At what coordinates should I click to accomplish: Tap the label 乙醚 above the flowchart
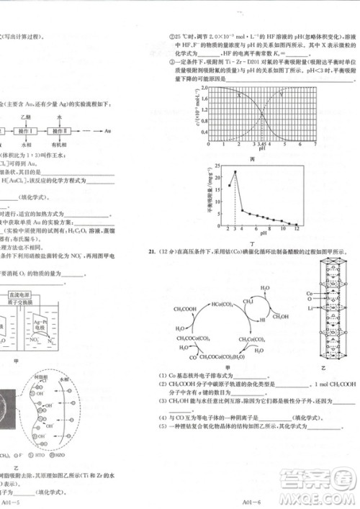click(x=27, y=116)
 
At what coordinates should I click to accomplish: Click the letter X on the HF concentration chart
click(x=239, y=94)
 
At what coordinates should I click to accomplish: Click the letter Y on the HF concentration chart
click(x=281, y=94)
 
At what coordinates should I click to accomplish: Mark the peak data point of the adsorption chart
click(x=235, y=172)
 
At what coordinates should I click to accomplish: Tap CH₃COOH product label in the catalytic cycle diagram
click(x=187, y=310)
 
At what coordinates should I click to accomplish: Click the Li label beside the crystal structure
click(x=307, y=307)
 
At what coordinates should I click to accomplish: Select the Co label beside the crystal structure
click(x=308, y=294)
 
